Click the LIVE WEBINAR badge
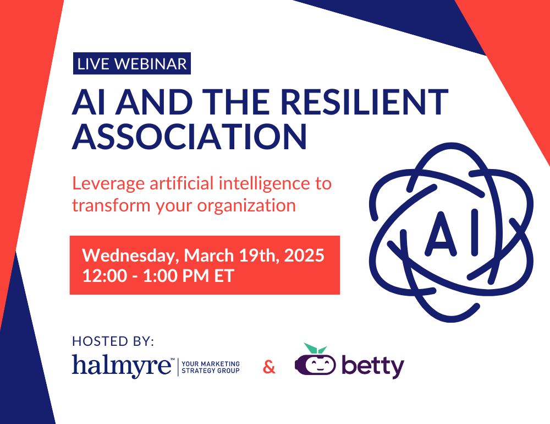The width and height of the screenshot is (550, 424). pyautogui.click(x=132, y=64)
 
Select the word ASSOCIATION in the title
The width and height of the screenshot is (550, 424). pyautogui.click(x=189, y=137)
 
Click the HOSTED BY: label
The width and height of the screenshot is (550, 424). pyautogui.click(x=113, y=341)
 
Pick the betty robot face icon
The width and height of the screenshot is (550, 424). pyautogui.click(x=315, y=364)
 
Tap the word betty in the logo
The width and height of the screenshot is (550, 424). pyautogui.click(x=372, y=366)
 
